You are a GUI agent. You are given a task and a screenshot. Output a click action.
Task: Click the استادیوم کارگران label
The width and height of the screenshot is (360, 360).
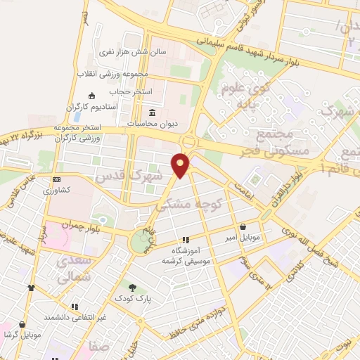[x=91, y=106]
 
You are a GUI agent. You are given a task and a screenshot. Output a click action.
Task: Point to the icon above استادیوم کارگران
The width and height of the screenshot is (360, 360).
[x=91, y=96]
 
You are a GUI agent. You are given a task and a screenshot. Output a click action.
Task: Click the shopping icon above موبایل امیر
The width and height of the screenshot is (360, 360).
[x=243, y=227]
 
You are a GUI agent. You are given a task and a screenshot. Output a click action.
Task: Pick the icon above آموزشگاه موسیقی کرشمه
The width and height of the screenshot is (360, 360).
[x=186, y=240]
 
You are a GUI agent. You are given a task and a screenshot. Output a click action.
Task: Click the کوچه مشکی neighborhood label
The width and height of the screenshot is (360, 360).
[x=198, y=205]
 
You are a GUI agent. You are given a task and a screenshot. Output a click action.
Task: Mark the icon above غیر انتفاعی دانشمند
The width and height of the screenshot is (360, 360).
[x=74, y=307]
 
